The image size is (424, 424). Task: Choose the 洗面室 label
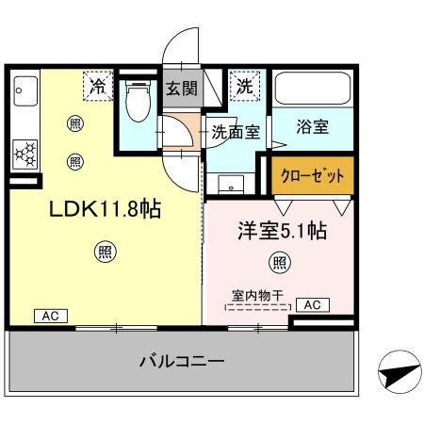235,132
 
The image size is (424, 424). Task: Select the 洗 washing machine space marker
244,86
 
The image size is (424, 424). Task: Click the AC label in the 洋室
312,304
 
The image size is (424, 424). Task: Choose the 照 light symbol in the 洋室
279,262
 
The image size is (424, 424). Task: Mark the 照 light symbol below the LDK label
106,251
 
